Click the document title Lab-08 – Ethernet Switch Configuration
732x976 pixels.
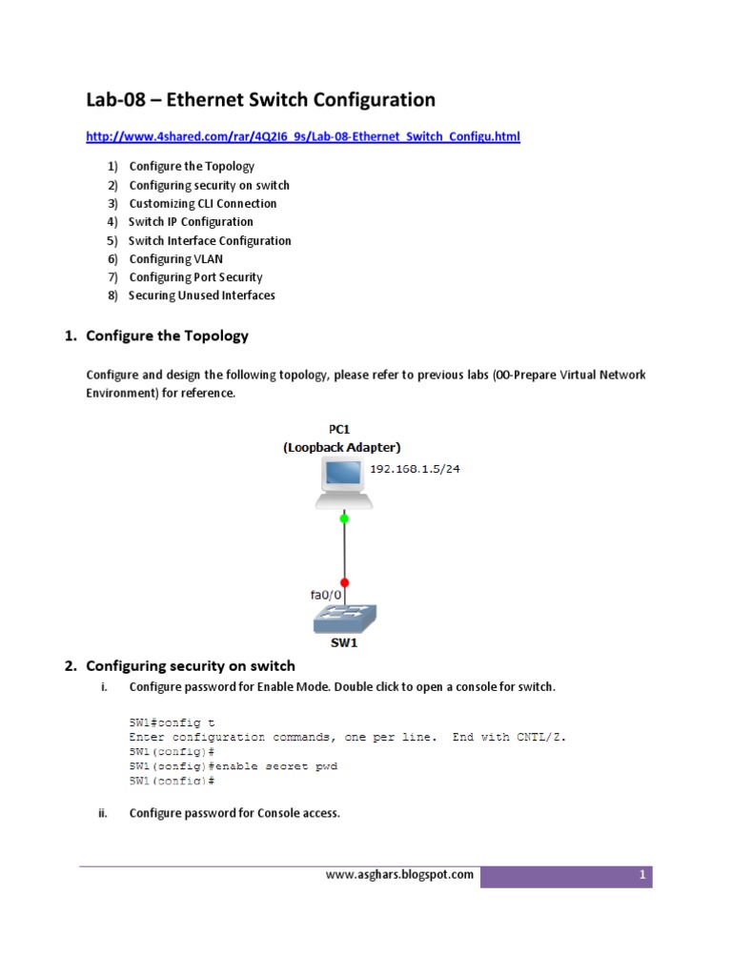(260, 100)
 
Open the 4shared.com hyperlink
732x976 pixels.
(303, 137)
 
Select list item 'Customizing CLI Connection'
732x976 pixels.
(202, 204)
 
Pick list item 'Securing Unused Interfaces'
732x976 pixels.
(201, 295)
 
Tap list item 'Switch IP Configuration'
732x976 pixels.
(191, 222)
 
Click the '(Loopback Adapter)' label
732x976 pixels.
(342, 447)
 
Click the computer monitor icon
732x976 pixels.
(343, 479)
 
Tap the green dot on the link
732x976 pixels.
(344, 518)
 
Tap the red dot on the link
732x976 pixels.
(344, 581)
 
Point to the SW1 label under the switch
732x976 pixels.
(343, 644)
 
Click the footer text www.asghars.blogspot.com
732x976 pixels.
(398, 875)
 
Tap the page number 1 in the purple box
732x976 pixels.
(643, 875)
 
